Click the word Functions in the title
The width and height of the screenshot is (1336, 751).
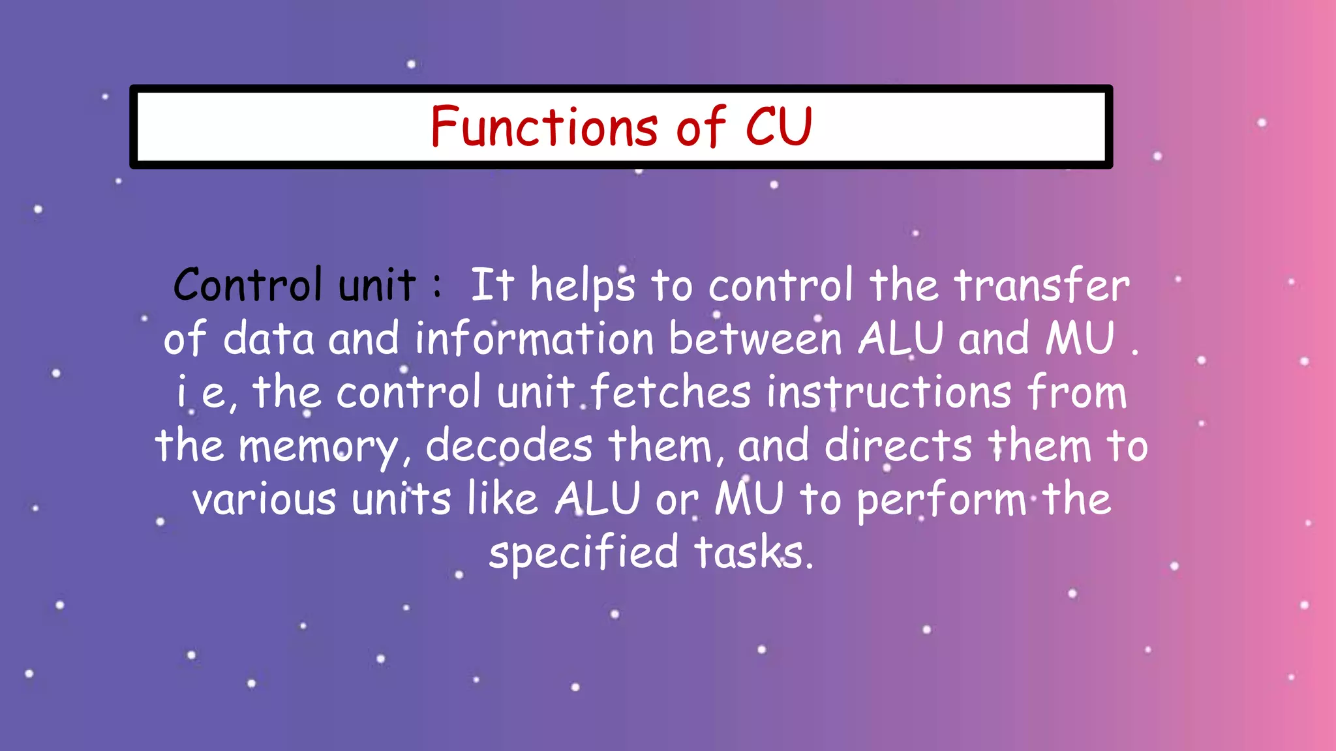coord(544,126)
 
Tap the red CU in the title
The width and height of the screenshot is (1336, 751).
coord(778,126)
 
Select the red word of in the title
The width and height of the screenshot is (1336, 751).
coord(701,126)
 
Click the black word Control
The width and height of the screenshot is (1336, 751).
coord(248,286)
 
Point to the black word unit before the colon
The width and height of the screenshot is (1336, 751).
coord(376,286)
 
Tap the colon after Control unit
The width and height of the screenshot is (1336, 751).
coord(437,286)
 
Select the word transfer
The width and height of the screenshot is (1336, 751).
coord(1041,286)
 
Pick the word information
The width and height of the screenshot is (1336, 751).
coord(534,339)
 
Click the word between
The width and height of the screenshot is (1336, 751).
coord(755,340)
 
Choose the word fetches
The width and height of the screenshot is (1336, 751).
coord(671,392)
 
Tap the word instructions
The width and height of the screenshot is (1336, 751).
coord(888,392)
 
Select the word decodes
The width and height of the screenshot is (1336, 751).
coord(509,446)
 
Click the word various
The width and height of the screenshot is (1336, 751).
coord(264,499)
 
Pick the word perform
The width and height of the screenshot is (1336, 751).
coord(941,501)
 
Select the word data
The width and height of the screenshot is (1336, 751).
coord(268,339)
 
